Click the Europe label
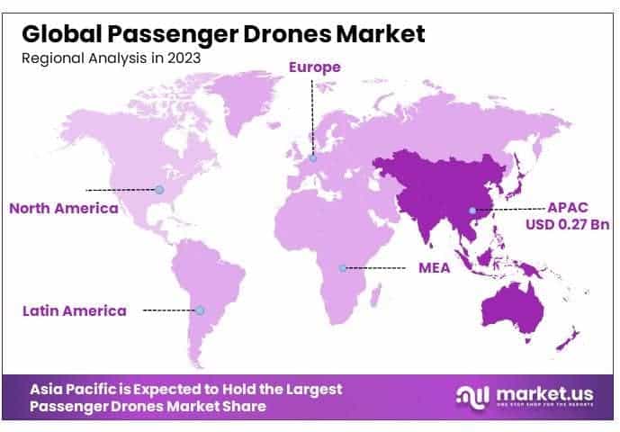click(314, 67)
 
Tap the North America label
click(63, 208)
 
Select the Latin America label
click(74, 310)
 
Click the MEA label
click(436, 268)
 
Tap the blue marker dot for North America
click(159, 190)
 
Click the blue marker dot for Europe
click(313, 158)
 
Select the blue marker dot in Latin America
click(201, 310)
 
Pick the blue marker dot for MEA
click(343, 267)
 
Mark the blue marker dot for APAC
click(471, 212)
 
